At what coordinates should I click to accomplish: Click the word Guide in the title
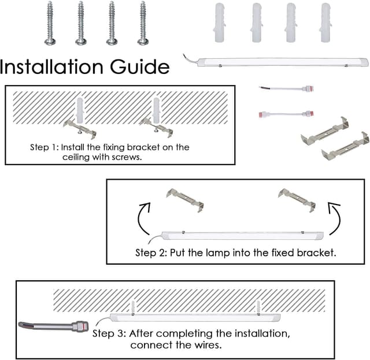tap(140, 66)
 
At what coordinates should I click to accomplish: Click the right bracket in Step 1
tap(157, 127)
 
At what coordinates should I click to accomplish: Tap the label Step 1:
tap(43, 147)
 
